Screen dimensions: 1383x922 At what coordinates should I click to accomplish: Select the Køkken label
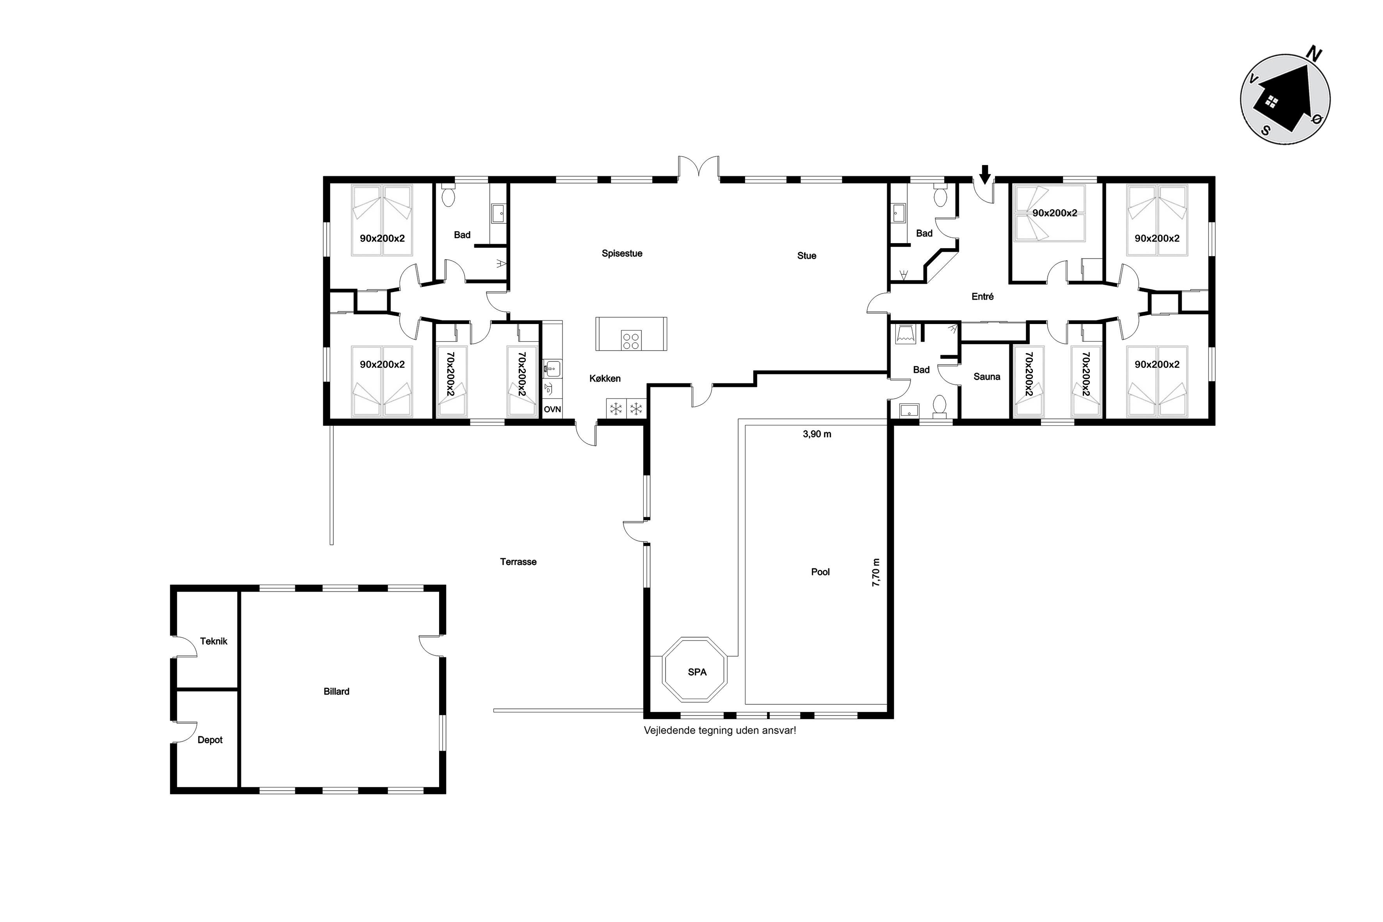point(605,379)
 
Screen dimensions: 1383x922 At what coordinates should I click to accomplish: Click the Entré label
point(982,297)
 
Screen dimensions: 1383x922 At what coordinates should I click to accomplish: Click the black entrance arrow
point(986,173)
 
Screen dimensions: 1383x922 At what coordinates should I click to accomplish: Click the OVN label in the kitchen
point(552,409)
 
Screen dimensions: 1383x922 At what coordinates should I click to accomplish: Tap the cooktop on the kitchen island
point(631,340)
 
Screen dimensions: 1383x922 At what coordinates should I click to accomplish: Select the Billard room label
point(336,692)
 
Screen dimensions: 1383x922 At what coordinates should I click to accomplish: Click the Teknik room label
point(214,641)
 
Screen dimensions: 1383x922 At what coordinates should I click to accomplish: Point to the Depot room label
point(210,740)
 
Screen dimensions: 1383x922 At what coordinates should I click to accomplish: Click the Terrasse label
point(518,562)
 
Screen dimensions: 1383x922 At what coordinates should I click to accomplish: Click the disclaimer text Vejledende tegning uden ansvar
point(720,730)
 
